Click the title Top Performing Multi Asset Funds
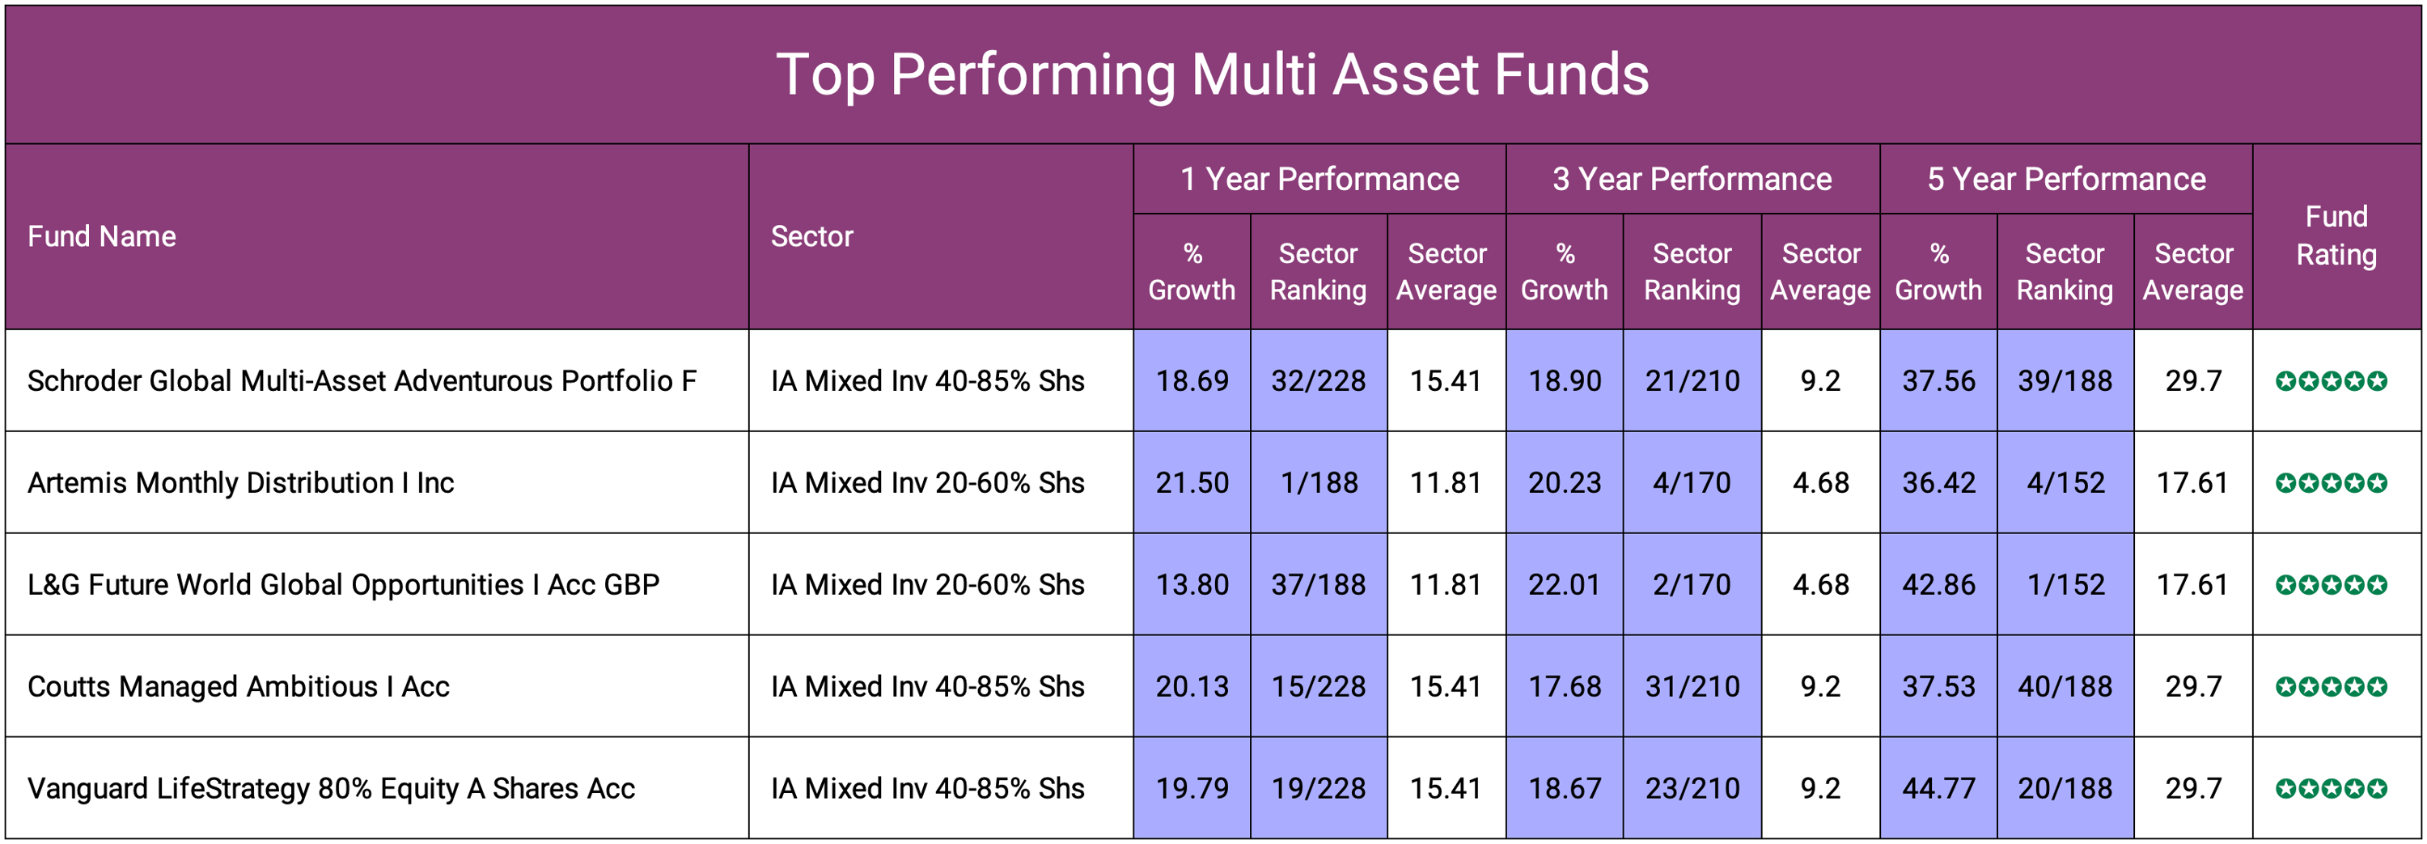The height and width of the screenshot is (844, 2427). (x=1213, y=74)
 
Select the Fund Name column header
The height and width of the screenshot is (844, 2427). (x=102, y=236)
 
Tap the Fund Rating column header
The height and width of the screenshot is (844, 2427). (x=2336, y=235)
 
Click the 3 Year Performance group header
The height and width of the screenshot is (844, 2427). (x=1692, y=179)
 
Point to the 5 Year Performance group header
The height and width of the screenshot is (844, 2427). (x=2065, y=179)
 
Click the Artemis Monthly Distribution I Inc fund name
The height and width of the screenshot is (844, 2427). (x=240, y=483)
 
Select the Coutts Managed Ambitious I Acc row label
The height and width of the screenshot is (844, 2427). (x=239, y=687)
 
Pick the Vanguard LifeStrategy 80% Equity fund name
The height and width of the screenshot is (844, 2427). (x=331, y=788)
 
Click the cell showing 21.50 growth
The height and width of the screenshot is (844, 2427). (x=1192, y=483)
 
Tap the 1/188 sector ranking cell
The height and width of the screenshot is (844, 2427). (x=1318, y=483)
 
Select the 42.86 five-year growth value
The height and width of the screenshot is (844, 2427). (x=1938, y=585)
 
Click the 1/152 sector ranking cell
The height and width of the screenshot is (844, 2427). (x=2065, y=585)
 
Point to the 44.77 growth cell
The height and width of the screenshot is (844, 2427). (x=1938, y=788)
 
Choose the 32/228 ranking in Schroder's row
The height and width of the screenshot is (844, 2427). (x=1318, y=381)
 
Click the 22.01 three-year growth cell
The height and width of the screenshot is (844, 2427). (x=1564, y=585)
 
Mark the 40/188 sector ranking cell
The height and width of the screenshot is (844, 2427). (x=2065, y=687)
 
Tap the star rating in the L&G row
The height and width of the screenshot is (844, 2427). (x=2331, y=585)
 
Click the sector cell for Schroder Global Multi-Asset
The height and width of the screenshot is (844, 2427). (x=927, y=381)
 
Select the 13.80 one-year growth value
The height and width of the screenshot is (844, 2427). (x=1192, y=585)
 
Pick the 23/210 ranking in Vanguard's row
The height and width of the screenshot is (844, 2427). (x=1692, y=788)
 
